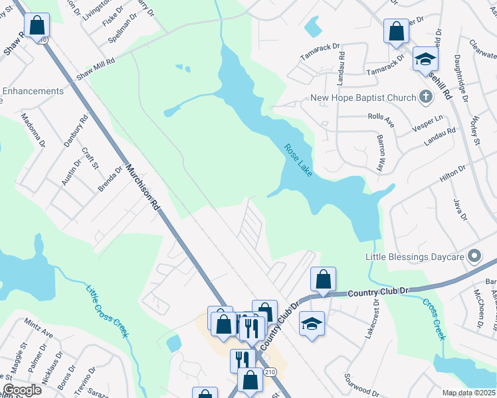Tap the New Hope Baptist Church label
tap(363, 98)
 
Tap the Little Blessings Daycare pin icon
tap(474, 255)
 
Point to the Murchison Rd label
tap(143, 188)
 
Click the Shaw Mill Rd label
tap(96, 68)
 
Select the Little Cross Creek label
tap(106, 311)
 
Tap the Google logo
tap(22, 390)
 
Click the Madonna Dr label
tap(33, 129)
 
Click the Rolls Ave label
tap(381, 120)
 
